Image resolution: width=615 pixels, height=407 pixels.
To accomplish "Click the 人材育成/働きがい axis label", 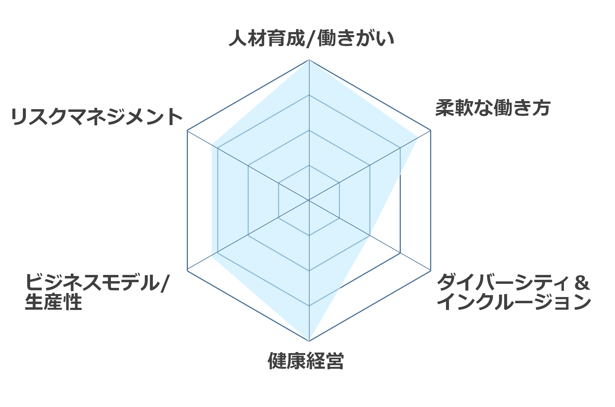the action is click(x=311, y=39).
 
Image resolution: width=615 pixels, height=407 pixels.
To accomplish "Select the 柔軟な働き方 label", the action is click(x=493, y=108).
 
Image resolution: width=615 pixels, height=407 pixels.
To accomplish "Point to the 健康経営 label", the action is click(x=306, y=360).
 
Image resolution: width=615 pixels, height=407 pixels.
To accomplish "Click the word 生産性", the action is click(x=53, y=302).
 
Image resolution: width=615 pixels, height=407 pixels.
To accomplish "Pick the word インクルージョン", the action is click(x=514, y=302).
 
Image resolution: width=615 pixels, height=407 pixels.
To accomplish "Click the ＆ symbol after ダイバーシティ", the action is click(x=582, y=282).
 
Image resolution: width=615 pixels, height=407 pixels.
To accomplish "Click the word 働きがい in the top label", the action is click(x=356, y=39).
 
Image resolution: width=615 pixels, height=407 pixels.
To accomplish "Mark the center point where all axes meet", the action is click(x=309, y=200).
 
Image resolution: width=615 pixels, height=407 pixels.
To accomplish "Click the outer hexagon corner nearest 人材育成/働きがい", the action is click(x=309, y=60).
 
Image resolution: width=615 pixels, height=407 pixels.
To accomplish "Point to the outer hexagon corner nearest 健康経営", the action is click(x=309, y=341).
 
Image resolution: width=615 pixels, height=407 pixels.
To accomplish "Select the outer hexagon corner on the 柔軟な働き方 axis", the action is click(x=431, y=130).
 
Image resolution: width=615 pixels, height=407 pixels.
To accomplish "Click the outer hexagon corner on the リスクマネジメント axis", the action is click(x=187, y=130).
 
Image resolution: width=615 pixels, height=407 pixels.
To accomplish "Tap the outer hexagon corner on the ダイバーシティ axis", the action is click(x=431, y=271).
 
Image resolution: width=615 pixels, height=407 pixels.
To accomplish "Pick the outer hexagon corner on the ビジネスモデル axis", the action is click(x=187, y=271).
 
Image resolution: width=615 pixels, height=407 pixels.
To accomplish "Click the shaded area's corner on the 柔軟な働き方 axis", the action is click(x=417, y=138).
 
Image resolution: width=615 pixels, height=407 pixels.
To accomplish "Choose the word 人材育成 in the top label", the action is click(x=267, y=39).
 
